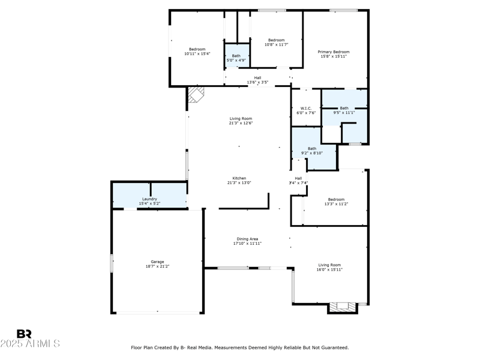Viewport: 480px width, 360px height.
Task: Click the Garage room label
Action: coord(157,262)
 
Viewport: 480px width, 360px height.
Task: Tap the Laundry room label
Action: coord(149,199)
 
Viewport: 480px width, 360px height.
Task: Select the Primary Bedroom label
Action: coord(334,52)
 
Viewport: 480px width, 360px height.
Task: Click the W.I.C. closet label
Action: coord(305,109)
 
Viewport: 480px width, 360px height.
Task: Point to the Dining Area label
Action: coord(247,239)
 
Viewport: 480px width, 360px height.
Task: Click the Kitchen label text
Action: coord(239,178)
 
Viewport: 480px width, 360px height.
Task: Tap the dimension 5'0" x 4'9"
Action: coord(236,60)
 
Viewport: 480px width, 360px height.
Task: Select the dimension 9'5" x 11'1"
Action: coord(344,113)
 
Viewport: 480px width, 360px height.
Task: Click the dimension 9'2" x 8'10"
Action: coord(312,153)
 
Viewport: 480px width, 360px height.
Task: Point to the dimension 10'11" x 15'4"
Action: coord(197,54)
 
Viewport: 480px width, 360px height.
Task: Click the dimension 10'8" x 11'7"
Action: coord(277,44)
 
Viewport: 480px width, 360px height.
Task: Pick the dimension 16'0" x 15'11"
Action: coord(329,269)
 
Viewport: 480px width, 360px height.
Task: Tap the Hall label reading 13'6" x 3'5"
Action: coord(257,82)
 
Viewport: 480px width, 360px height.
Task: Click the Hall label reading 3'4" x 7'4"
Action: coord(298,183)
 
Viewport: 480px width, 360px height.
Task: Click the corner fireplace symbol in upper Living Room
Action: coord(196,95)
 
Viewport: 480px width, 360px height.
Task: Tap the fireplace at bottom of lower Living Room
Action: coord(343,307)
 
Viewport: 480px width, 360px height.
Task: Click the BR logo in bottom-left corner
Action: coord(24,334)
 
